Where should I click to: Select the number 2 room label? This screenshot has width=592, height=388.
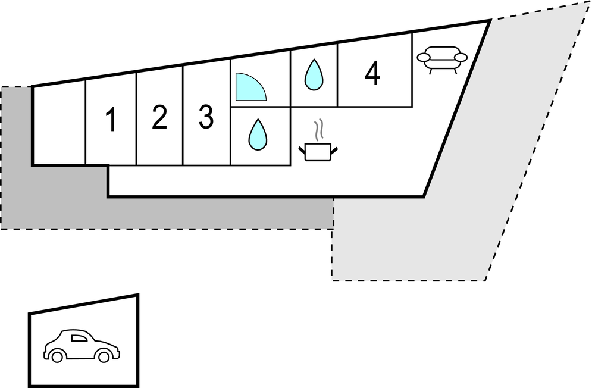tap(159, 117)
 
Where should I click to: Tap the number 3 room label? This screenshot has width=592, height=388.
tap(206, 117)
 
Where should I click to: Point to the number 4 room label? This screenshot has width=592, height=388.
tap(372, 74)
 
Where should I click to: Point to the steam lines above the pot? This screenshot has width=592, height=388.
tap(319, 129)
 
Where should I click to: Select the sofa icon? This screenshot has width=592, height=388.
tap(442, 60)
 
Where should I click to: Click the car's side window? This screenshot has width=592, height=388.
tap(79, 339)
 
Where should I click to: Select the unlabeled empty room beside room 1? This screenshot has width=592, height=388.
tap(59, 125)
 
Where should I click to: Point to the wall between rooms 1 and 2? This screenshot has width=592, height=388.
tap(136, 119)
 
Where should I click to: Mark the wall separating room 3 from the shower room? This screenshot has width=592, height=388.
tap(230, 89)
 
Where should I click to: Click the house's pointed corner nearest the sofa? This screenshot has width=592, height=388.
tap(489, 21)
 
